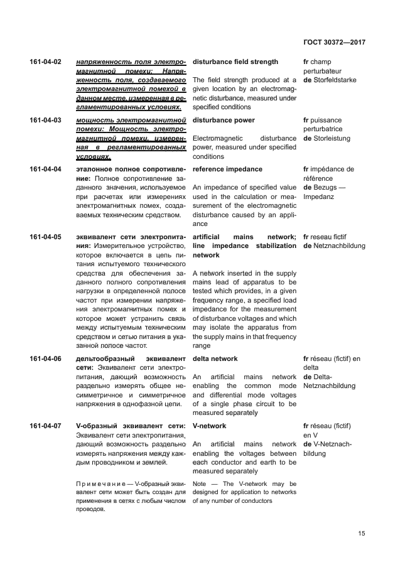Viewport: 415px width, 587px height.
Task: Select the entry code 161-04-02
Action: point(45,62)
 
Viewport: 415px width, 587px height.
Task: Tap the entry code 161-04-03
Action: point(45,120)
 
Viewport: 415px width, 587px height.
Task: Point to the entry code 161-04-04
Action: point(45,170)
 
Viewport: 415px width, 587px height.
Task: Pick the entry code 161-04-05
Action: point(45,237)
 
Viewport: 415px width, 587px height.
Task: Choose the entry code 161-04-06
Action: point(45,358)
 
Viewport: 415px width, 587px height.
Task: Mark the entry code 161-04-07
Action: point(45,426)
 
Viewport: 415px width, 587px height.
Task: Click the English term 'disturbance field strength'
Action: point(235,62)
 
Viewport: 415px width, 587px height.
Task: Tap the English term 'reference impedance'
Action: point(227,170)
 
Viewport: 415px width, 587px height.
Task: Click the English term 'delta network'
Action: point(215,358)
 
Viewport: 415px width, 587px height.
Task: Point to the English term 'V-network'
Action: point(208,426)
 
